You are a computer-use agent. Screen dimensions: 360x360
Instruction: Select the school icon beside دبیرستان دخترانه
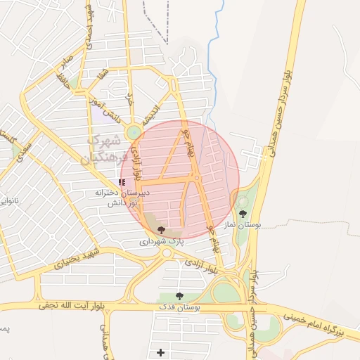pos(122,182)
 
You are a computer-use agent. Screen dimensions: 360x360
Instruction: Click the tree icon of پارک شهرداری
pos(162,229)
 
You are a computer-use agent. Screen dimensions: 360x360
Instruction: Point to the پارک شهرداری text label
pos(160,241)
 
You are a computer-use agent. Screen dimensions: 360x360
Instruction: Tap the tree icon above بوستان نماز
pos(243,214)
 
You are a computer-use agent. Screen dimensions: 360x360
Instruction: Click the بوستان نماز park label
pos(247,225)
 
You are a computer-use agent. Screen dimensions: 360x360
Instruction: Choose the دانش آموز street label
pos(104,110)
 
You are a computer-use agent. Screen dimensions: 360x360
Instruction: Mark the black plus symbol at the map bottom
pos(162,352)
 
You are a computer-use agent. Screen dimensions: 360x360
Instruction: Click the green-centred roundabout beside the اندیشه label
pos(134,131)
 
